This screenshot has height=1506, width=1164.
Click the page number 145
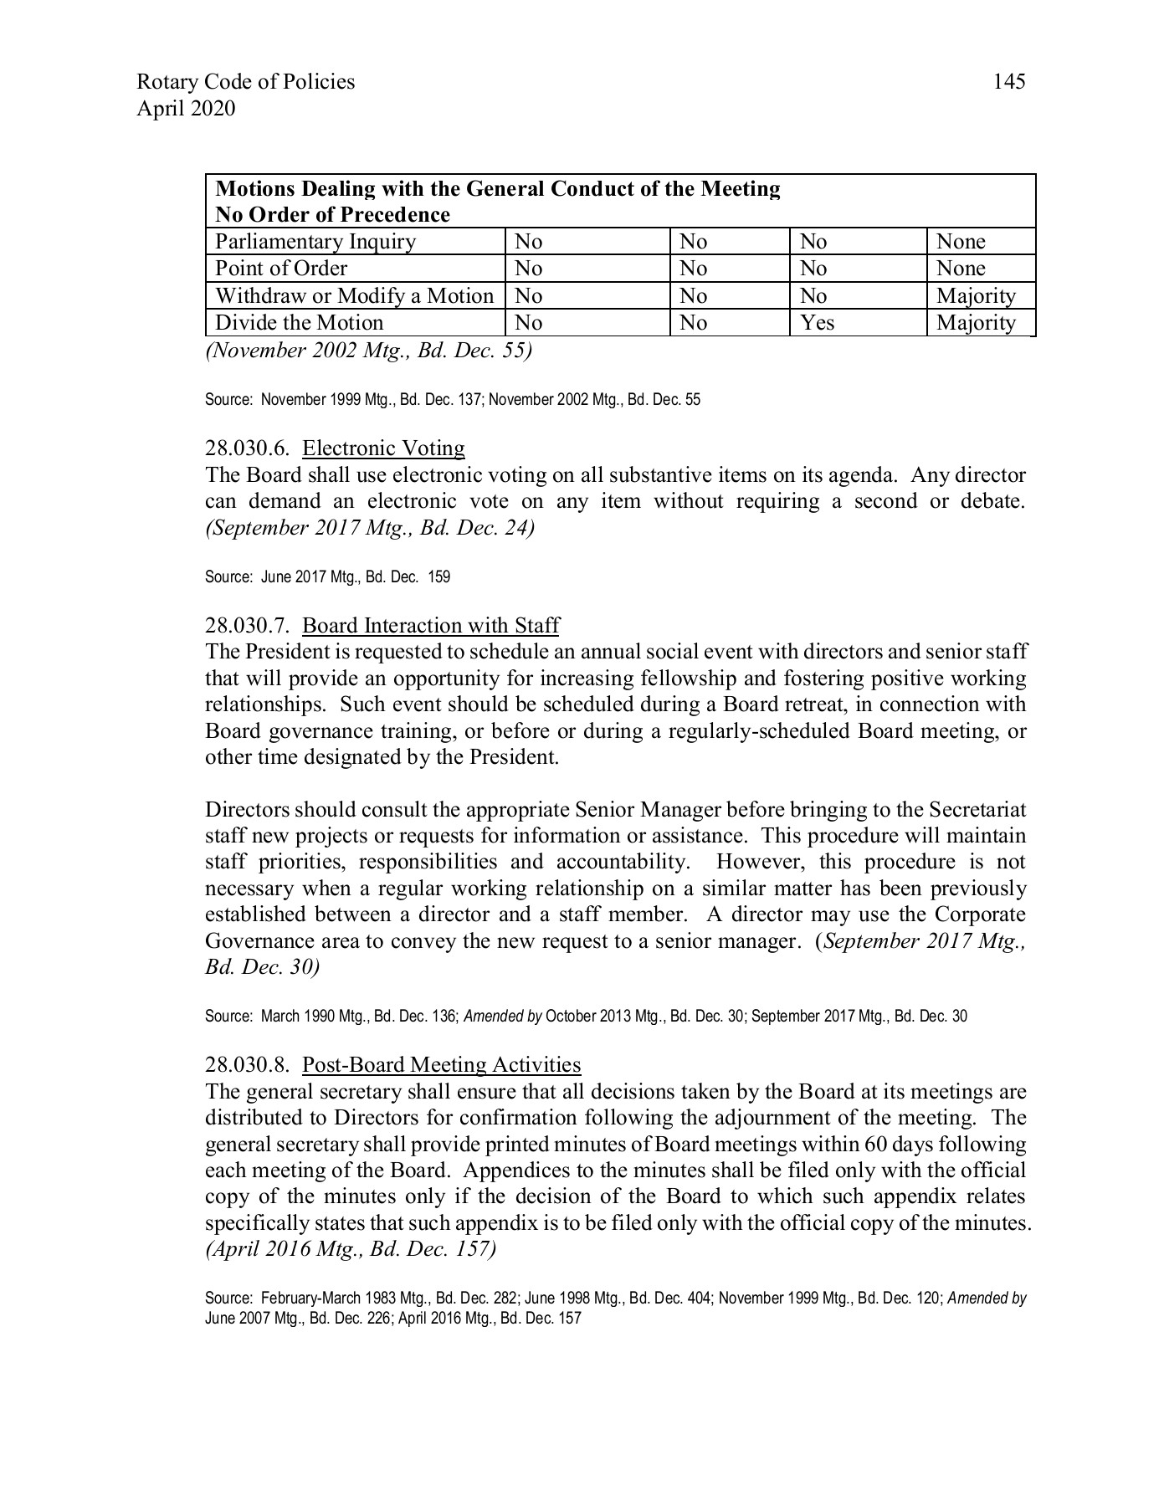click(x=1008, y=81)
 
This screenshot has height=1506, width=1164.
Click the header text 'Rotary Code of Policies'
click(x=245, y=81)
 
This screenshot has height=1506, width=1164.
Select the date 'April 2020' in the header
click(x=185, y=108)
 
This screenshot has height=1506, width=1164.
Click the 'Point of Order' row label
click(x=281, y=269)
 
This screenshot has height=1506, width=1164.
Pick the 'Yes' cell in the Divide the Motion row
click(x=817, y=323)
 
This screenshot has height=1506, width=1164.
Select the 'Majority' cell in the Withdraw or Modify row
click(x=976, y=296)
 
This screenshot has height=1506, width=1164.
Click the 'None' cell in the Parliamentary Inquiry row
click(x=961, y=242)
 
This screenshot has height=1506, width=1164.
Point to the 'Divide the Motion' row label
click(x=299, y=323)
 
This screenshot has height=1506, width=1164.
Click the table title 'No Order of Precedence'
click(x=332, y=215)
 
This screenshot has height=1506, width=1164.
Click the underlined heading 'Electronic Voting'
click(x=383, y=448)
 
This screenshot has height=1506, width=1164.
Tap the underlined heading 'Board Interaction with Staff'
click(x=430, y=626)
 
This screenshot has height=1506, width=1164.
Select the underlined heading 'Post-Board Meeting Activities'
click(x=441, y=1065)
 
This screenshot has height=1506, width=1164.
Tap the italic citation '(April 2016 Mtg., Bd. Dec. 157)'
click(x=351, y=1249)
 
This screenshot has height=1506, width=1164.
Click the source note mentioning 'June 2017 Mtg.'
click(x=327, y=576)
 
